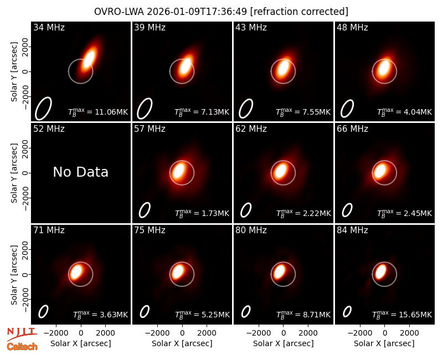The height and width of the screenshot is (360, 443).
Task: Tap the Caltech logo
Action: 22,347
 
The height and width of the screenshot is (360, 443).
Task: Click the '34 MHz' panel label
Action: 49,27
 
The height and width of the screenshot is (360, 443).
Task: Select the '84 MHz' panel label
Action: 352,230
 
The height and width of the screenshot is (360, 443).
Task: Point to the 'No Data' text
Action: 80,172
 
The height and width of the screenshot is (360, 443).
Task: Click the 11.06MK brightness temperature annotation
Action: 98,112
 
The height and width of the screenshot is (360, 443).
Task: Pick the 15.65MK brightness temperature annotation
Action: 402,315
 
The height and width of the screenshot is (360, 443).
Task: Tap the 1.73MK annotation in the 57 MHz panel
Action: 202,213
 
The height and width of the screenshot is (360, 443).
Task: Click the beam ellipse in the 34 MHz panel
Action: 43,108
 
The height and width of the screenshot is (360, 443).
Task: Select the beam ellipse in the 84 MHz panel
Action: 347,311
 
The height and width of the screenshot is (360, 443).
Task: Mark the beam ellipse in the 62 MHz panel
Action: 246,210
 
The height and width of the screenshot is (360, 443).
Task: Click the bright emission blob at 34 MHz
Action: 89,59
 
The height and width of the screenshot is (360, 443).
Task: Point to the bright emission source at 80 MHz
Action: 280,271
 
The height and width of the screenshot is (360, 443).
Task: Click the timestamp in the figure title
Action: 197,12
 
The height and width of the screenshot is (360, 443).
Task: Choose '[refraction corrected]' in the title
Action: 300,12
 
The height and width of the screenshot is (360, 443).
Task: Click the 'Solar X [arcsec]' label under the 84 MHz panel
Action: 384,343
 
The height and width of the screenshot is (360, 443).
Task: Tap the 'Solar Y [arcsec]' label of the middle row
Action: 14,173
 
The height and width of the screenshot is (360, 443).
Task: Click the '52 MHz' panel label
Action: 49,129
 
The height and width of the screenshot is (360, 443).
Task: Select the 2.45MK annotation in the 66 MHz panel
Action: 404,213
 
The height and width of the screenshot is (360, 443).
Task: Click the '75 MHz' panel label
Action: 150,230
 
